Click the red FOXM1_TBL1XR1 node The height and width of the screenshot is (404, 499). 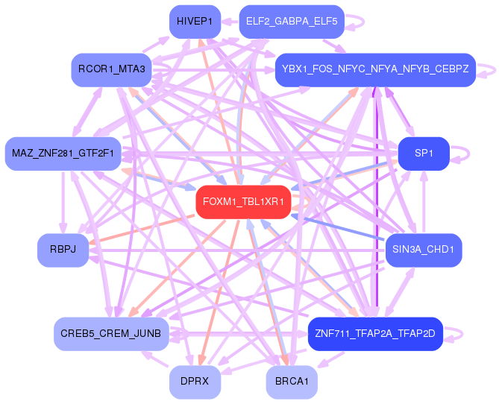coord(242,202)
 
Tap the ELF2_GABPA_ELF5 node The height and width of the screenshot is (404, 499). coord(292,22)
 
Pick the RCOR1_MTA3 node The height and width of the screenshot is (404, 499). coord(112,69)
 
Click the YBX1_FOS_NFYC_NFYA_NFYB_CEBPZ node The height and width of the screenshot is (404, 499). coord(375,69)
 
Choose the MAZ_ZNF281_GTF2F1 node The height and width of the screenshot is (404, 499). coord(63,154)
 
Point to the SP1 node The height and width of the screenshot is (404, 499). coord(424,153)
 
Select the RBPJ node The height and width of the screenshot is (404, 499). coord(63,250)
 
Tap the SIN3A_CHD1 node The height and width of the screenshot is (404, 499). coord(423,250)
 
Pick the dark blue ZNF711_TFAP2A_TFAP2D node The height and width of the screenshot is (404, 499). coord(375,333)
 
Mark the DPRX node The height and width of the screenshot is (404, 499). coord(195,381)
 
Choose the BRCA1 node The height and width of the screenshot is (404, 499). coord(292,381)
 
